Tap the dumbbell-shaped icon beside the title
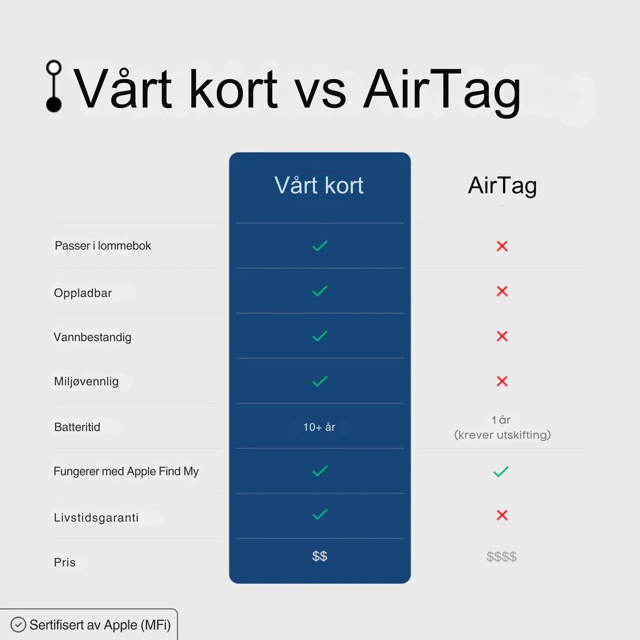(54, 86)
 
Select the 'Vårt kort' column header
(319, 185)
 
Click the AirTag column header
(502, 185)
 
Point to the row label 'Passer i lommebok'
(103, 246)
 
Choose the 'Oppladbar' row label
(83, 293)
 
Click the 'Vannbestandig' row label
(93, 337)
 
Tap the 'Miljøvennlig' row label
(86, 381)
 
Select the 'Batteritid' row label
(77, 427)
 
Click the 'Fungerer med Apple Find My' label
(126, 471)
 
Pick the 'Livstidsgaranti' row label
(96, 517)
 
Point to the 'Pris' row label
(65, 562)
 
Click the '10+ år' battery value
(319, 427)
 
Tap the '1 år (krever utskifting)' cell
(502, 427)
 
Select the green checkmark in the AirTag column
(501, 472)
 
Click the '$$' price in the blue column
(319, 556)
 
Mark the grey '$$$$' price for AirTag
(501, 557)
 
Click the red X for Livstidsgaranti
(502, 515)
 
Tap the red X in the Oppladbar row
(502, 291)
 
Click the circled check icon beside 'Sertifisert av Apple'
(18, 624)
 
